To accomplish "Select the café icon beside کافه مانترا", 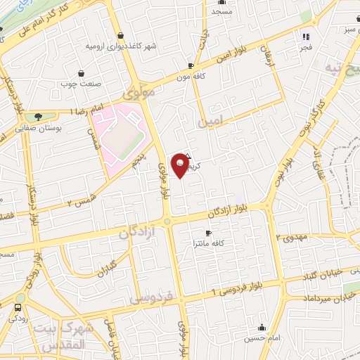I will [207, 233].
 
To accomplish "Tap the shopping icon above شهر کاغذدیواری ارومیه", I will [121, 35].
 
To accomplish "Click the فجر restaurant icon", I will [306, 36].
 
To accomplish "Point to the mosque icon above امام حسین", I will [262, 327].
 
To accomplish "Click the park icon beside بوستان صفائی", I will [37, 116].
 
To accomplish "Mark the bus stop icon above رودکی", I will [18, 307].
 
